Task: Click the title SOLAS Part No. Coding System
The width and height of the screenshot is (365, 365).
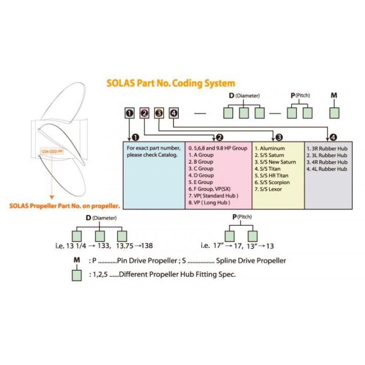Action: coord(171,83)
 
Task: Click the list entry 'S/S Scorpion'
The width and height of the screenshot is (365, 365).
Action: coord(272,182)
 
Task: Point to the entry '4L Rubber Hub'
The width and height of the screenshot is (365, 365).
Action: coord(327,169)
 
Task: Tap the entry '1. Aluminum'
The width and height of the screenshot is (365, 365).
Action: coord(270,148)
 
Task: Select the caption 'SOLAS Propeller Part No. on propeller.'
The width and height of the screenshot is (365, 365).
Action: coord(65,206)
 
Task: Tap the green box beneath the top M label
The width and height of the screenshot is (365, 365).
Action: coord(335,113)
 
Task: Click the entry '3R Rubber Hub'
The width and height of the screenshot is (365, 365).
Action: coord(327,148)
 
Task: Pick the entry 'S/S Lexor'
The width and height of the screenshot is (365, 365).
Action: coord(269,189)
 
